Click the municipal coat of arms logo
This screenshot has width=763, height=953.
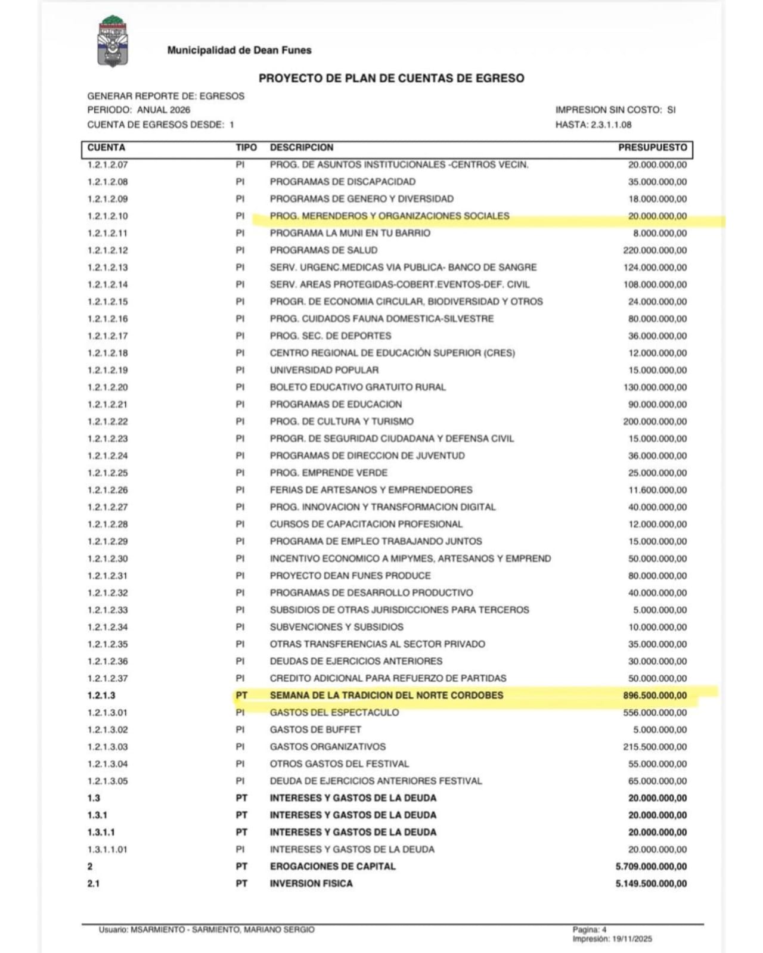pyautogui.click(x=114, y=42)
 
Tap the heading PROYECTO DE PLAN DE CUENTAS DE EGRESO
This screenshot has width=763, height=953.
pyautogui.click(x=391, y=78)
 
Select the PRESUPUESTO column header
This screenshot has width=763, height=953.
pyautogui.click(x=652, y=147)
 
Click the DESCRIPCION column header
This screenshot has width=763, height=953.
pyautogui.click(x=302, y=147)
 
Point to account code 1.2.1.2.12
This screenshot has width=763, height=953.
pyautogui.click(x=108, y=250)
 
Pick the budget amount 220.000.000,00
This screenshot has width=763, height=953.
pyautogui.click(x=655, y=250)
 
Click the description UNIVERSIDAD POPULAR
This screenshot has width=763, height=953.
pyautogui.click(x=324, y=370)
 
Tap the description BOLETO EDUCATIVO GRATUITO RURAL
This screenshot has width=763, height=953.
pyautogui.click(x=358, y=387)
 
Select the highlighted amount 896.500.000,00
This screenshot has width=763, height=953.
pyautogui.click(x=655, y=696)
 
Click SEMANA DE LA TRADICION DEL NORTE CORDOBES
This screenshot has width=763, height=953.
pyautogui.click(x=386, y=696)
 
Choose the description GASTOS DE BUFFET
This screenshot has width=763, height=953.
pyautogui.click(x=315, y=730)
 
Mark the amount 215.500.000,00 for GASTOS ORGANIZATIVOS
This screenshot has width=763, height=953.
pyautogui.click(x=655, y=747)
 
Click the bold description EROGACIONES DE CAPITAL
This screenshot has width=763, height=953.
pyautogui.click(x=333, y=867)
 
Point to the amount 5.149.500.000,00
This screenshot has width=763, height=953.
pyautogui.click(x=651, y=884)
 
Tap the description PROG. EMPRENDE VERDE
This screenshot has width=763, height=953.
pyautogui.click(x=328, y=473)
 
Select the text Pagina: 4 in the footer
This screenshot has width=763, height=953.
pyautogui.click(x=590, y=929)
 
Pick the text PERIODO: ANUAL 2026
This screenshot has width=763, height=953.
pyautogui.click(x=139, y=110)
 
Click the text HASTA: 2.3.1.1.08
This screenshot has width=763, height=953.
pyautogui.click(x=593, y=125)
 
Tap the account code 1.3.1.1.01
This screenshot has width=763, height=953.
pyautogui.click(x=107, y=849)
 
